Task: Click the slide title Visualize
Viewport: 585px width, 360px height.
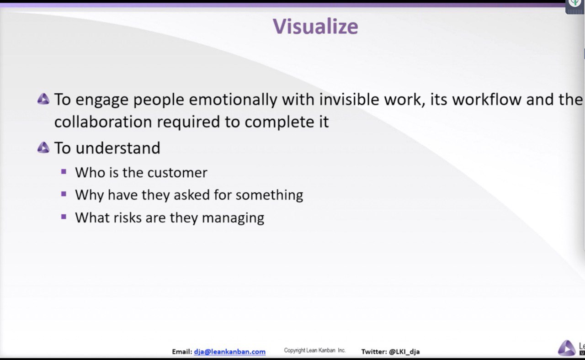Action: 315,26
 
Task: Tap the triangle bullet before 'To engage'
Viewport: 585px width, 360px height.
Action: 43,99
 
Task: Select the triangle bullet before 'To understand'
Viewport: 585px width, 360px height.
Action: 43,148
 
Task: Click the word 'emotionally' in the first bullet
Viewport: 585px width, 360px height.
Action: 233,100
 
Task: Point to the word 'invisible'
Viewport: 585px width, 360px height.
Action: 349,100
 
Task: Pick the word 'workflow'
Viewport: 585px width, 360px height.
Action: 487,100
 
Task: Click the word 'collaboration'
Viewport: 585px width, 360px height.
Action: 103,122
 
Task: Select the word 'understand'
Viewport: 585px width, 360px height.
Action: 118,148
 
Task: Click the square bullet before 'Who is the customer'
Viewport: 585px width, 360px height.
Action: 64,171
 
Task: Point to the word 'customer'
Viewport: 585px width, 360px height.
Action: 178,173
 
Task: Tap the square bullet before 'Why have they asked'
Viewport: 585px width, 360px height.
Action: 64,194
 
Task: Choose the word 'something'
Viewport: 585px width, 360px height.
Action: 269,196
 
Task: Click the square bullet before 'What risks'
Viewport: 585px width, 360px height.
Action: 64,217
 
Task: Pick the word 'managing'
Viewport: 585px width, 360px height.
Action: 233,218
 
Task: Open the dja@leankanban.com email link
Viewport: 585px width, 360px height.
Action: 229,352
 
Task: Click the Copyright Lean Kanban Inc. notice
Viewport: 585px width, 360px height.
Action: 315,350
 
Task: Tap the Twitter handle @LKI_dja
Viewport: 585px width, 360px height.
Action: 404,352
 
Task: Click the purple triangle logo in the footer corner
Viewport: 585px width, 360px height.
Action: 567,348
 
